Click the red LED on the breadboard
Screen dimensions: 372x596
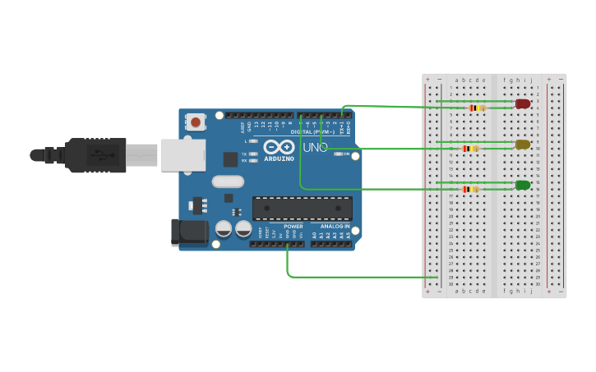pyautogui.click(x=523, y=103)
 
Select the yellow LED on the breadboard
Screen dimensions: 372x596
pyautogui.click(x=523, y=145)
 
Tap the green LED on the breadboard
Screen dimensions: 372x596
pyautogui.click(x=523, y=185)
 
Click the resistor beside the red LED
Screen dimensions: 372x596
pyautogui.click(x=477, y=108)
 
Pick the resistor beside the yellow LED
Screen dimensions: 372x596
pyautogui.click(x=471, y=149)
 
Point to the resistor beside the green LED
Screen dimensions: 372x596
pyautogui.click(x=470, y=189)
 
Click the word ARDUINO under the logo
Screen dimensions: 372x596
pyautogui.click(x=280, y=158)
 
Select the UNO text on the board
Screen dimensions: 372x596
pyautogui.click(x=315, y=148)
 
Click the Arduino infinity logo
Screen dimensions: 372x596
pyautogui.click(x=280, y=146)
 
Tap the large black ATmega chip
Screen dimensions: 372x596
pyautogui.click(x=302, y=208)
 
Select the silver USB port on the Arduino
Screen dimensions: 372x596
pyautogui.click(x=182, y=154)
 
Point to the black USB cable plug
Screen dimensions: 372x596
pyautogui.click(x=95, y=154)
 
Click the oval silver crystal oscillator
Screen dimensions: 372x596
pyautogui.click(x=228, y=181)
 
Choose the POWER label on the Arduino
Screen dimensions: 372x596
pyautogui.click(x=293, y=226)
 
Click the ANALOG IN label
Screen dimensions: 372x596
pyautogui.click(x=335, y=226)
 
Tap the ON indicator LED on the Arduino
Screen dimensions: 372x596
pyautogui.click(x=338, y=154)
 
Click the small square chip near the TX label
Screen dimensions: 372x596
pyautogui.click(x=231, y=159)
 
